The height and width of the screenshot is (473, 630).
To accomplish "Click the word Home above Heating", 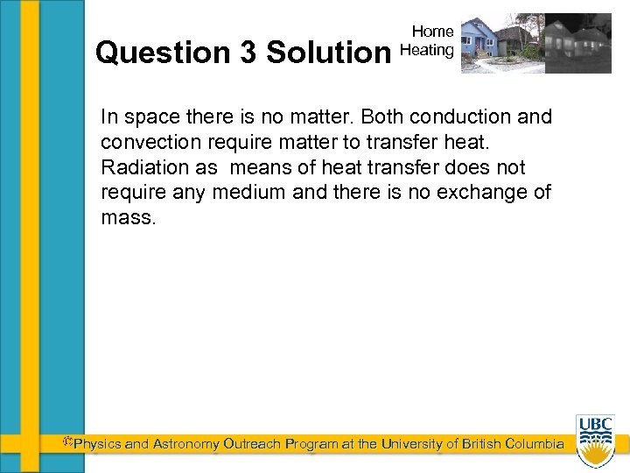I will pos(432,32).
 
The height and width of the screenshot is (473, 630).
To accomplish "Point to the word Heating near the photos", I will pos(427,50).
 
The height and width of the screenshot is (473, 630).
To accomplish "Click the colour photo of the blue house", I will pos(500,43).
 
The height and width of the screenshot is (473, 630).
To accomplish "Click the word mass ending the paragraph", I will pos(127,217).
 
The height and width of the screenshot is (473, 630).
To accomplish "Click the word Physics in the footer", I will pos(97,444).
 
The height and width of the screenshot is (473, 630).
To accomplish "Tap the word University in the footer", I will pos(406,444).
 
